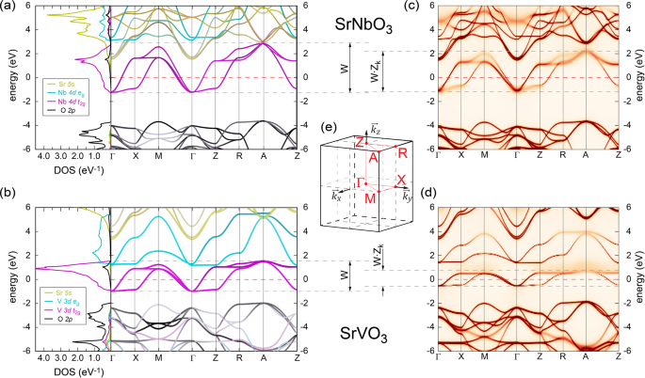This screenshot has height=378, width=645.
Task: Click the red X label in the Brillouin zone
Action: click(402, 178)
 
